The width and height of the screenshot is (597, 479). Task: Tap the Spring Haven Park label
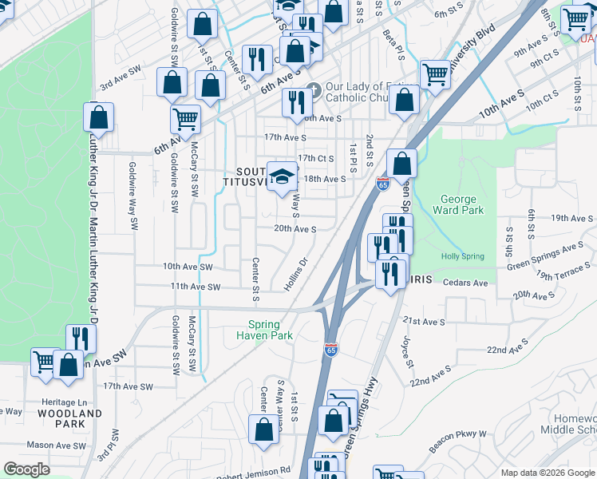(263, 330)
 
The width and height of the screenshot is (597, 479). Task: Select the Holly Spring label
(462, 256)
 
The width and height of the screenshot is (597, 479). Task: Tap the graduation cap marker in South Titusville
(282, 177)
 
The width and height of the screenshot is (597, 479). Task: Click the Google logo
(26, 469)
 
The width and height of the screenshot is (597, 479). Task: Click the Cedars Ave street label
(465, 283)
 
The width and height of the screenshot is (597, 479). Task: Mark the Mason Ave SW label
(49, 444)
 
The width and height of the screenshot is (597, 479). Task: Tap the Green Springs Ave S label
(546, 256)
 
